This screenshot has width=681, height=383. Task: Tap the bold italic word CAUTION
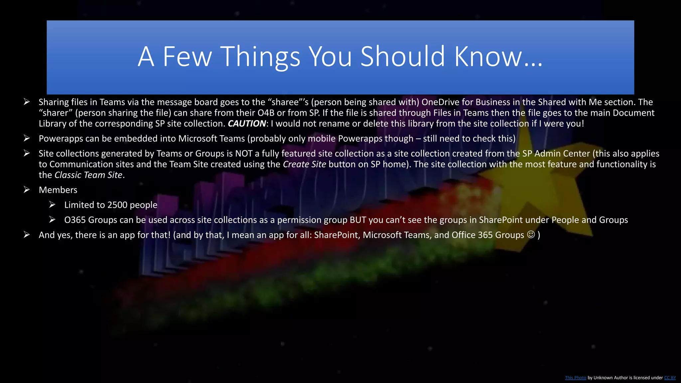point(247,124)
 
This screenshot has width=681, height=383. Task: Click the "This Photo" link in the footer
point(575,378)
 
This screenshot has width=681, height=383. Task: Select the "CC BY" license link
point(670,378)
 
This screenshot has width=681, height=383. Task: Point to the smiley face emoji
point(531,235)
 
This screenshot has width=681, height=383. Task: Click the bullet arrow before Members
point(27,190)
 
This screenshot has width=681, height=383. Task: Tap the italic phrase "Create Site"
point(304,164)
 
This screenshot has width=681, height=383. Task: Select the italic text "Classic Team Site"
point(88,175)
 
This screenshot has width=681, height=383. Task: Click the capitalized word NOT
point(244,154)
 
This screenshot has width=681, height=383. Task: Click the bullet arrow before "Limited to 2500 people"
point(52,205)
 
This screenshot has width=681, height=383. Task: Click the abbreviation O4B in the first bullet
point(266,113)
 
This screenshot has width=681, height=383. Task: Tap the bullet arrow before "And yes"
point(27,235)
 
